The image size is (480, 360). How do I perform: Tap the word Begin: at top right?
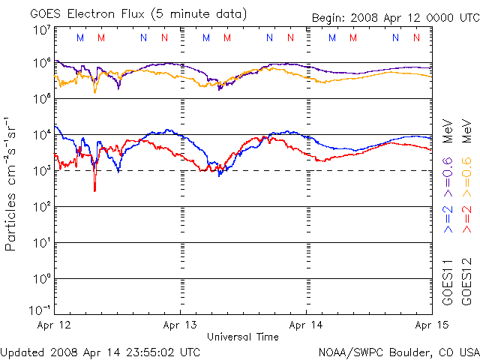coord(330,18)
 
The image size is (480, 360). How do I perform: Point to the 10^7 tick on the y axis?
coord(41,30)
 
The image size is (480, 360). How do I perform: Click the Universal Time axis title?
coord(242,337)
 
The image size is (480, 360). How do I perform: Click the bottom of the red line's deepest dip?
coord(94,191)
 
